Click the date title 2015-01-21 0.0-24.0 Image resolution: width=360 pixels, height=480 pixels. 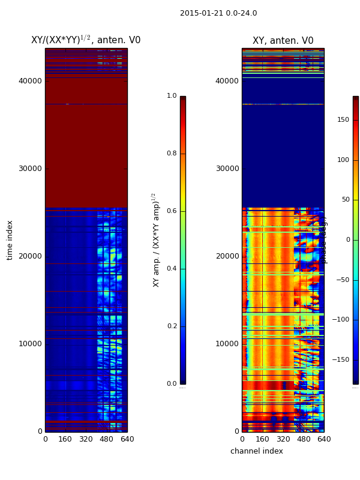(x=218, y=13)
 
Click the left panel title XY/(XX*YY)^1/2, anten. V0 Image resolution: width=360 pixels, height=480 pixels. (x=86, y=40)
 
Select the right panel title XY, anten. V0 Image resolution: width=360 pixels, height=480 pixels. (x=283, y=41)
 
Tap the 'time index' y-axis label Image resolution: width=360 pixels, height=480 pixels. (x=10, y=240)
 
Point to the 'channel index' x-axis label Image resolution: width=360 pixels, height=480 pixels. (x=256, y=451)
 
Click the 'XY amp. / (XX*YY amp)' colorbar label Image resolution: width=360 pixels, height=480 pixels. (x=156, y=240)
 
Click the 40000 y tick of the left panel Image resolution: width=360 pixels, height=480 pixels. (x=30, y=81)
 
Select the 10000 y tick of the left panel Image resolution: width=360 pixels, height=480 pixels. (x=30, y=344)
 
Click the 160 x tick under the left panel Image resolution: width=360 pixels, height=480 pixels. (x=65, y=439)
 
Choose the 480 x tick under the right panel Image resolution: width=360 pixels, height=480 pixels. (x=303, y=439)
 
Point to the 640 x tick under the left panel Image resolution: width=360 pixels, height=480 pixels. (x=127, y=439)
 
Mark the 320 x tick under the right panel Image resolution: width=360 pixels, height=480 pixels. (x=283, y=439)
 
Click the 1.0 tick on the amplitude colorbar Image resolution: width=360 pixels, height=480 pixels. (x=172, y=96)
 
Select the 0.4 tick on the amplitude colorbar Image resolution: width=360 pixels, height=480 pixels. (x=172, y=269)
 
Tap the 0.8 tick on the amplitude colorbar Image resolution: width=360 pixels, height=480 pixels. (x=172, y=154)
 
